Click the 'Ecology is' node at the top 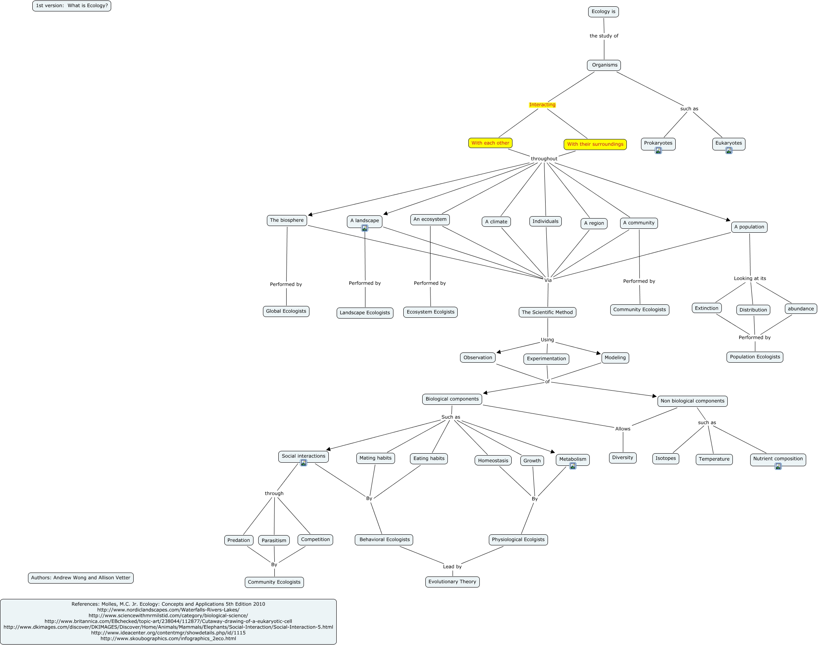603,12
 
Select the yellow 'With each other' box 490,143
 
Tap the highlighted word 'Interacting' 542,105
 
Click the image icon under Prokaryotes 658,150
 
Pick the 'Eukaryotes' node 729,143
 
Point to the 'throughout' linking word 544,159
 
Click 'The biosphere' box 287,220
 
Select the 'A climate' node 496,222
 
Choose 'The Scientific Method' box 547,312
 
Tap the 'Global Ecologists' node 286,311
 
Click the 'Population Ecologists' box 755,357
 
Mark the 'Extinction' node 706,308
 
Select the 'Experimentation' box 546,359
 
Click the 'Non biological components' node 692,401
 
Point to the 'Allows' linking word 622,429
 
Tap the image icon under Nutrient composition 778,466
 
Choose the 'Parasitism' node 274,540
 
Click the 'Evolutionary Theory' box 452,582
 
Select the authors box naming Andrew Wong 80,578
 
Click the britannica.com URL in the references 168,621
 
